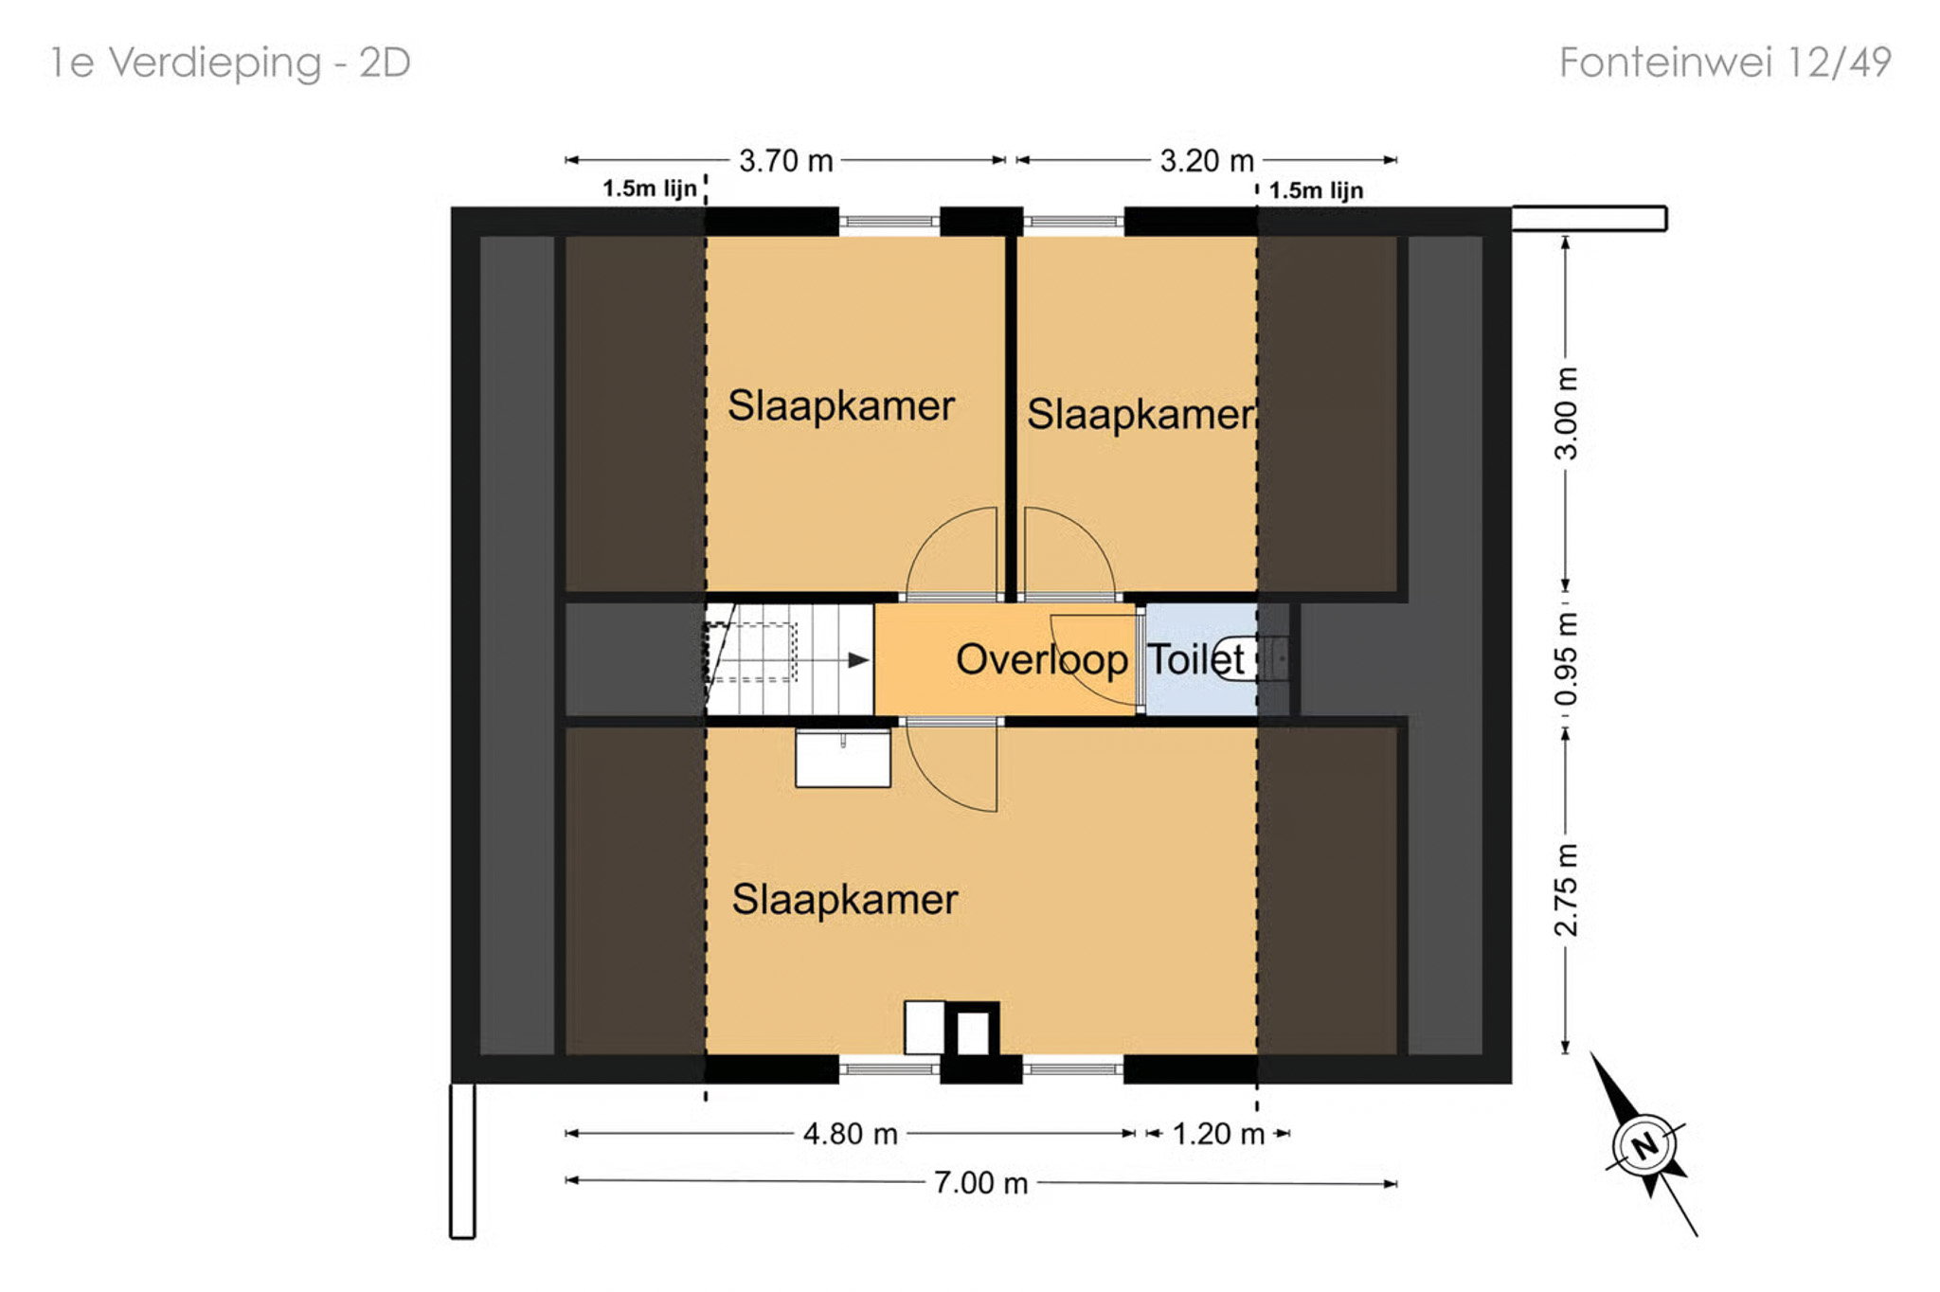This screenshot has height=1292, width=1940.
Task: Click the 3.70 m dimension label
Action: point(785,161)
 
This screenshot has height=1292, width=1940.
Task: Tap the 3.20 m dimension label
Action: point(1207,161)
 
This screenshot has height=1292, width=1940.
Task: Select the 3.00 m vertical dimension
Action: point(1566,413)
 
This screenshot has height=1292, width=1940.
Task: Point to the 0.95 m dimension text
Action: point(1566,659)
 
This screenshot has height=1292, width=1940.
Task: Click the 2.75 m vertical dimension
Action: point(1566,889)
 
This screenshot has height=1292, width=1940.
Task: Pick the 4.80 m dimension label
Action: point(850,1134)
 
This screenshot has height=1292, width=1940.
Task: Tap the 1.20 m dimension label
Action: point(1218,1134)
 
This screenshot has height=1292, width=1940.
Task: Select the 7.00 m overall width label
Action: point(980,1183)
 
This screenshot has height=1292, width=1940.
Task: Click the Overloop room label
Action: point(1042,659)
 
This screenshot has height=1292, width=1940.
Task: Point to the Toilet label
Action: point(1196,659)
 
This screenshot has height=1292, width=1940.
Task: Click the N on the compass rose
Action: point(1645,1146)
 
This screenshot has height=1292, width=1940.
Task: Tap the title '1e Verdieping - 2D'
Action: point(230,63)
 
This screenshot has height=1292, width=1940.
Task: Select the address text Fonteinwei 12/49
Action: point(1725,63)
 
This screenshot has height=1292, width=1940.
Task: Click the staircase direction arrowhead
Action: point(858,660)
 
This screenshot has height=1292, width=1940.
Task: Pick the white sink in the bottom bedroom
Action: point(842,758)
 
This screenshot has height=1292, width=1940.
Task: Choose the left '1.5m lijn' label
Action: point(650,188)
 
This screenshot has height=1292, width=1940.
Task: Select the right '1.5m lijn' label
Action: point(1316,190)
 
